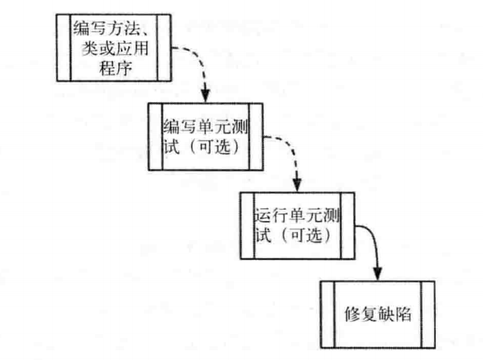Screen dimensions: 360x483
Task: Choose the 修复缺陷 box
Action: coord(378,314)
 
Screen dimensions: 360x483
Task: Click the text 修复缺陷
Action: coord(378,314)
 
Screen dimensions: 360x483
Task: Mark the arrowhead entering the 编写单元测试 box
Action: coord(205,95)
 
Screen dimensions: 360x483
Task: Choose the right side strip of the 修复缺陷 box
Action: coord(427,314)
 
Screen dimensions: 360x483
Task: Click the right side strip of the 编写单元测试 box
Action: coord(255,136)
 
